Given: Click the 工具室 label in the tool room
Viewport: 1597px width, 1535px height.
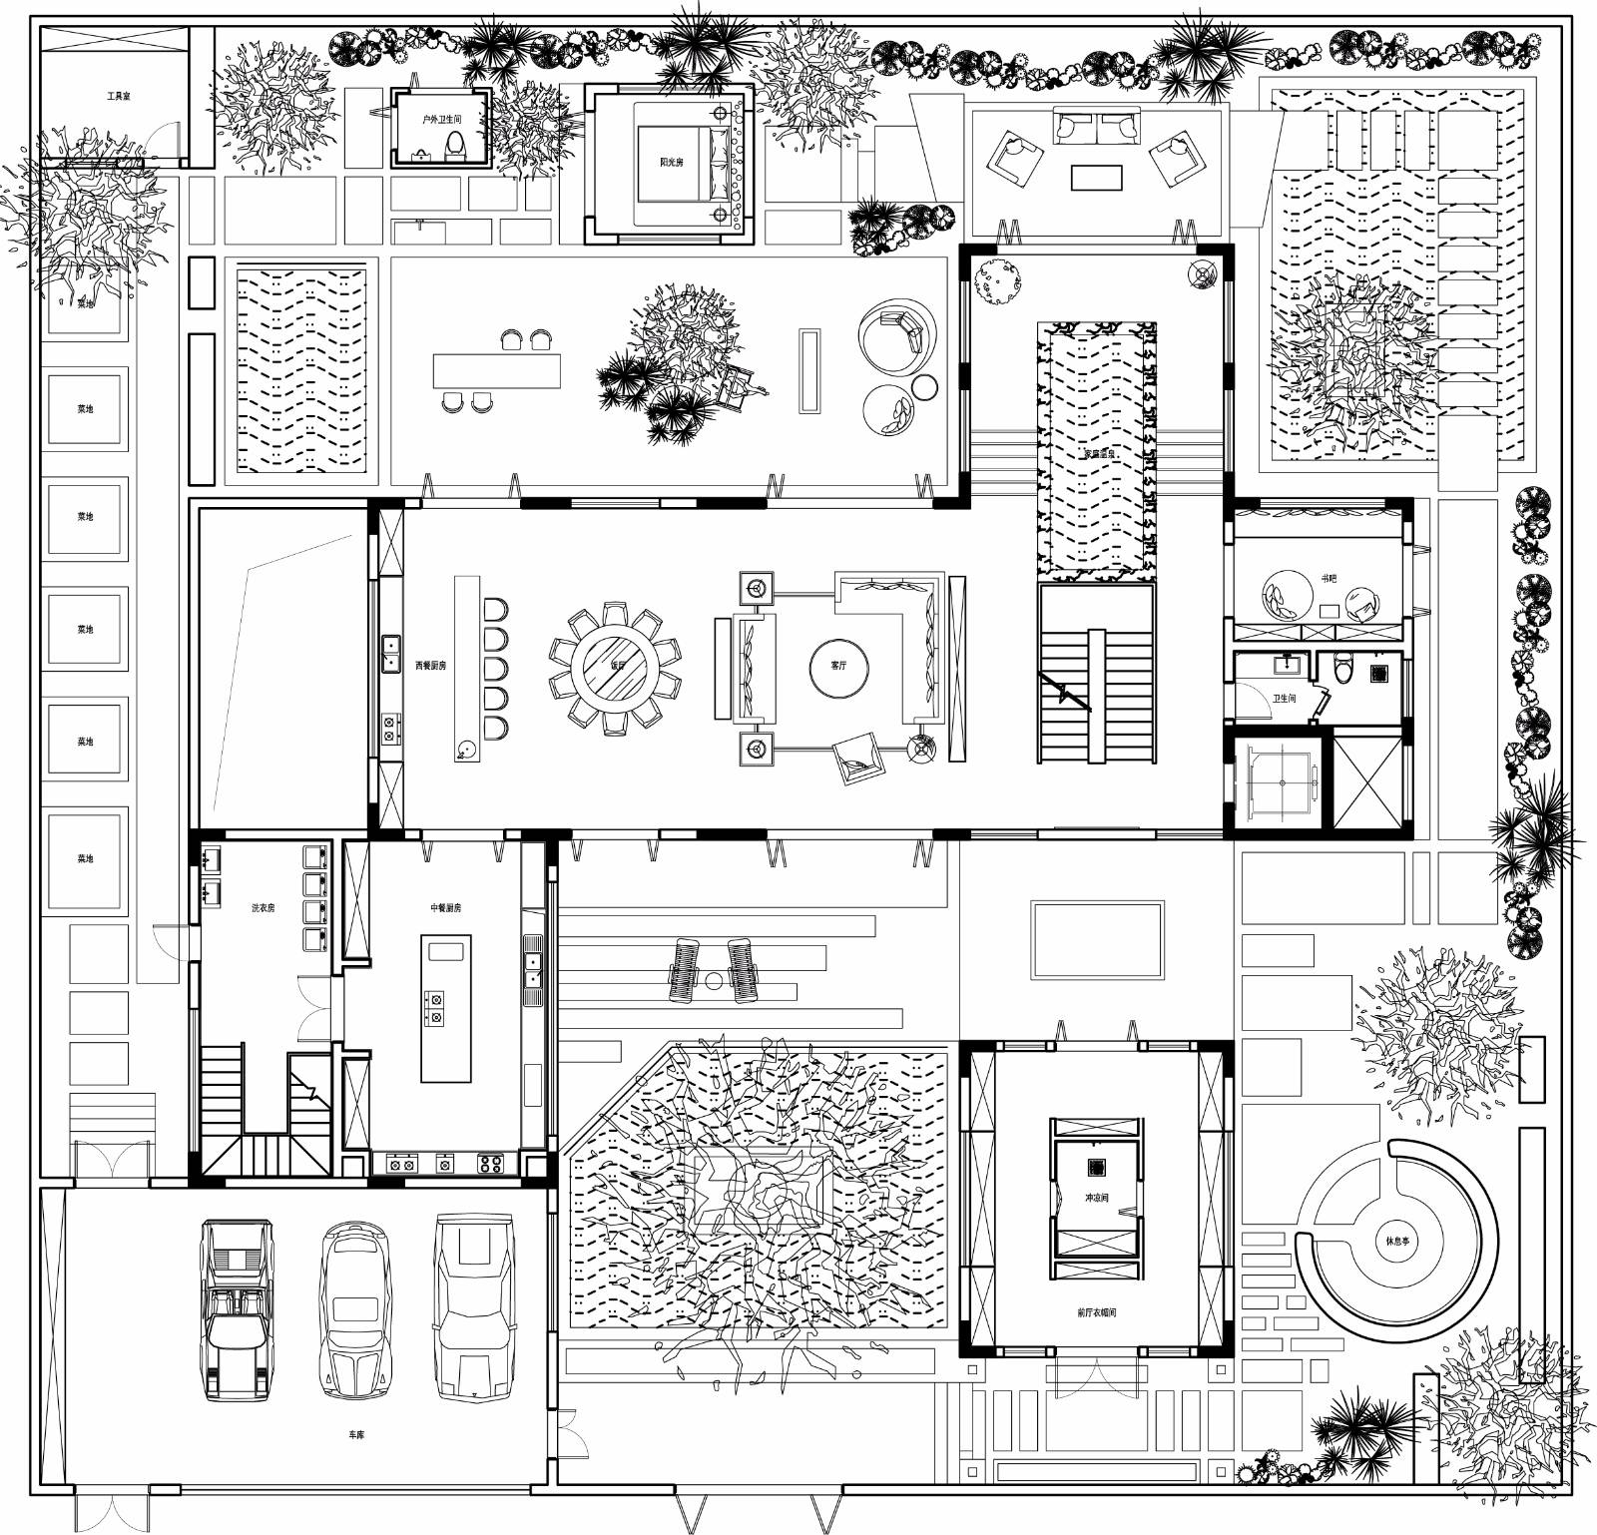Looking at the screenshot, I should point(119,97).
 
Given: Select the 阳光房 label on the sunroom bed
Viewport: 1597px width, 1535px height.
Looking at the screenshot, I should point(671,162).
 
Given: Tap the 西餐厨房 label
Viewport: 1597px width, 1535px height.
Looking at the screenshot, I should point(430,665).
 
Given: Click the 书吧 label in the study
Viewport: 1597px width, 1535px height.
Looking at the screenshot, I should point(1329,578).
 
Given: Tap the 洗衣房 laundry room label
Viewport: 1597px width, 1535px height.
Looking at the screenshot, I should point(263,908).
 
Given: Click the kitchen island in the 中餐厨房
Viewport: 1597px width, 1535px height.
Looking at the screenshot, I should point(445,1008).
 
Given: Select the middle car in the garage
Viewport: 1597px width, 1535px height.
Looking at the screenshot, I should point(352,1309).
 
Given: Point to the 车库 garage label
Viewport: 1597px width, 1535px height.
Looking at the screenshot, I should point(356,1434).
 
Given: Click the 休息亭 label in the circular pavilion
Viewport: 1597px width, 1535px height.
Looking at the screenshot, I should point(1397,1242).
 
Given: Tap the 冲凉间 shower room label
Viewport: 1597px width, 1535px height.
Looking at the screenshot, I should point(1095,1197).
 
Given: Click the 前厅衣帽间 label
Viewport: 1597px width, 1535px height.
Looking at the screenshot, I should point(1096,1312).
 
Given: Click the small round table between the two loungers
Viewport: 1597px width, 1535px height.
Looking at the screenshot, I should point(713,982).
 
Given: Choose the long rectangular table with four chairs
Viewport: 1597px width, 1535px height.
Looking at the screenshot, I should point(496,371).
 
